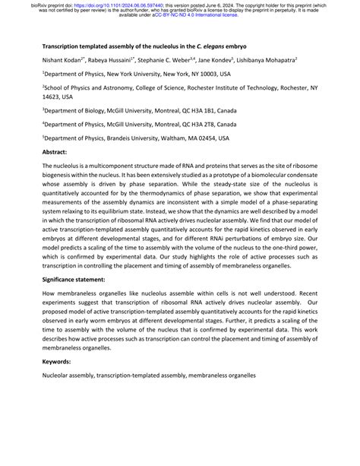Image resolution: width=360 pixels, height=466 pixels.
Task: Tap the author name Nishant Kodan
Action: [69, 59]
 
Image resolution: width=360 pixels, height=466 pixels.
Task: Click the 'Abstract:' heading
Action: [60, 153]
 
